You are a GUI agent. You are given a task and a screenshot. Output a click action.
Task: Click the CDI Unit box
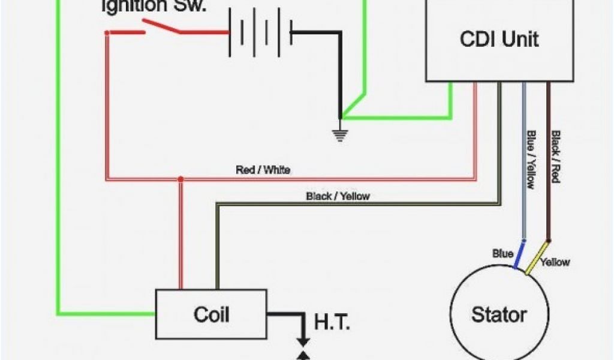[499, 40]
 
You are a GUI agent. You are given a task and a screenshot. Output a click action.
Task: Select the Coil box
[211, 314]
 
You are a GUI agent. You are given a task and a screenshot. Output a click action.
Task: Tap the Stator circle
[498, 315]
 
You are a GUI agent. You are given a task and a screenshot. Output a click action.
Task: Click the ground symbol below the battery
[341, 133]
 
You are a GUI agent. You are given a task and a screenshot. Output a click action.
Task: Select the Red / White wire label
[263, 170]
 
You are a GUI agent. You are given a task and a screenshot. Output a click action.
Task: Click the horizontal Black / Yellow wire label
[338, 196]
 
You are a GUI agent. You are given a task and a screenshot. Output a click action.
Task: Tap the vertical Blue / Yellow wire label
[530, 159]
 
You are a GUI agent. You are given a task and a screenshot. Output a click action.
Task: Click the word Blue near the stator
[502, 254]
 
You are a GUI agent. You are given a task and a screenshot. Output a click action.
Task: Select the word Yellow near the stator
[555, 262]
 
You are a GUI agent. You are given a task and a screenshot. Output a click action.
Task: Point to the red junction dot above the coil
[180, 179]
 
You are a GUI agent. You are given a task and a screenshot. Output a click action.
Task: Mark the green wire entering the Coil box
[108, 313]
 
